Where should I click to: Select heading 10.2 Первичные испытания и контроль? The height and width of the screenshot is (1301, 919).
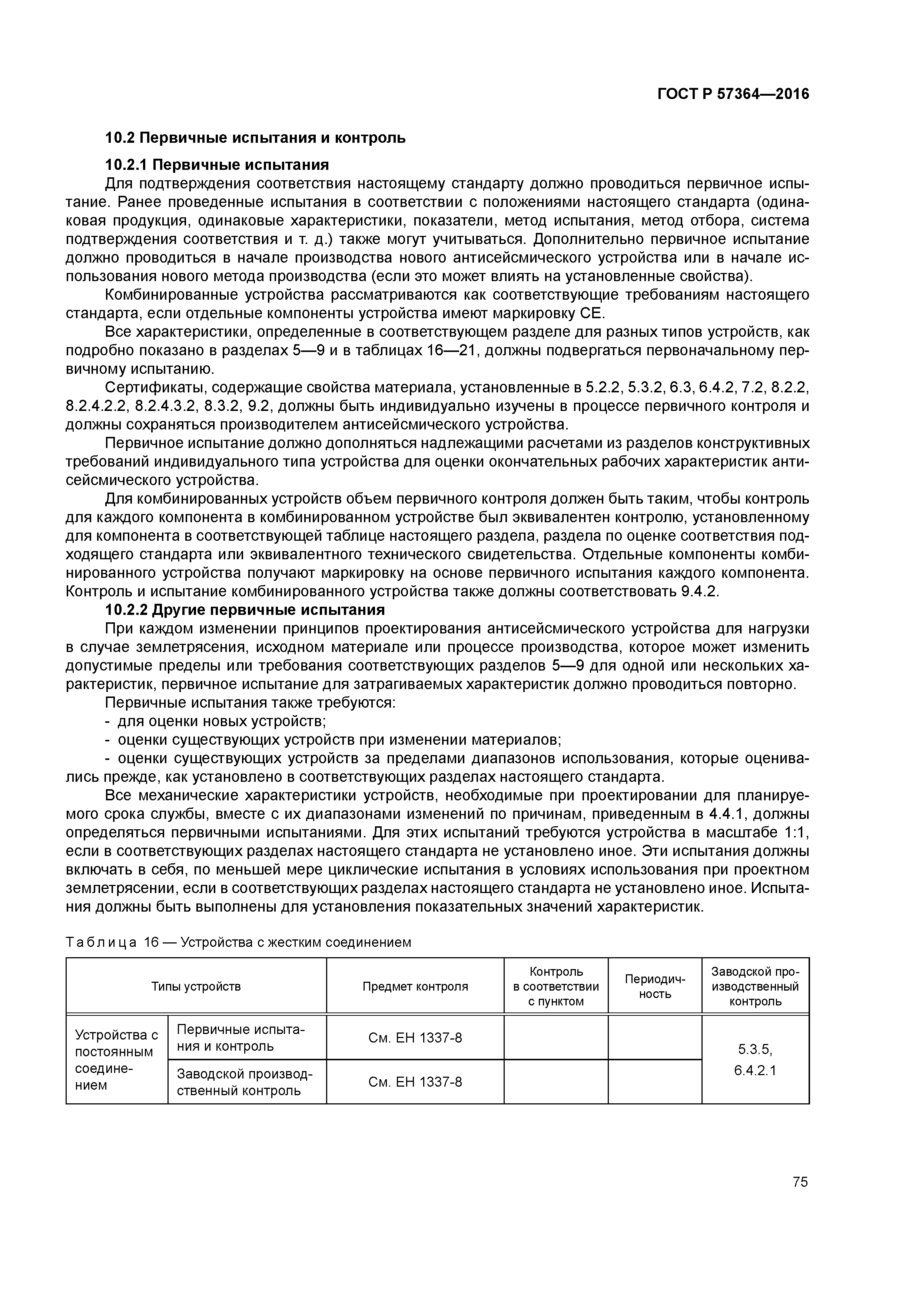coord(255,138)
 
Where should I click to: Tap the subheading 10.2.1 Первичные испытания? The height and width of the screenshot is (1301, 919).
coord(217,165)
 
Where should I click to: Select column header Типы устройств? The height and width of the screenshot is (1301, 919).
coord(196,986)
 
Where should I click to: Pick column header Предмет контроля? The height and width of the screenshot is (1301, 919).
coord(415,986)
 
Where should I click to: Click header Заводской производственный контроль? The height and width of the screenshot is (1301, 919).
coord(755,986)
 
